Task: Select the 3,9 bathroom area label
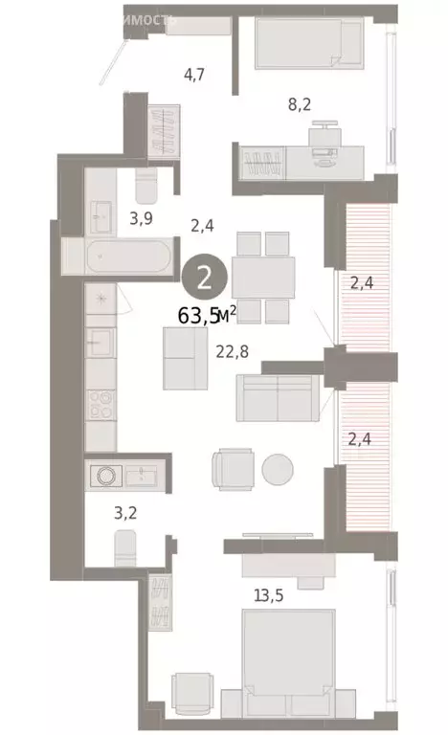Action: pos(141,218)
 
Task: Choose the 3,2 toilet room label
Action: pos(125,512)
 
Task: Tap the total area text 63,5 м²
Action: pos(207,315)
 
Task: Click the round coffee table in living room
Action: pos(280,469)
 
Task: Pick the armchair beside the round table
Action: pos(233,469)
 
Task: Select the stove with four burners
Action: pos(100,409)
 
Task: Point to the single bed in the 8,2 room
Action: pos(309,44)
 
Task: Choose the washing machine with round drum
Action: pos(103,474)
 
